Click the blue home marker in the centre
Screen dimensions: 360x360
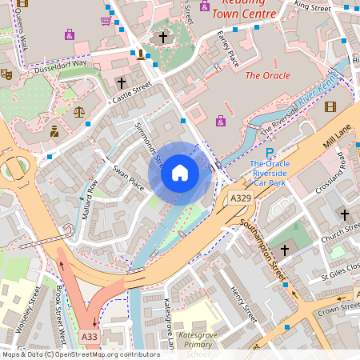[x=180, y=173]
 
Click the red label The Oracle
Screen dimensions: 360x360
[x=267, y=75]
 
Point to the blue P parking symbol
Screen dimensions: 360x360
[x=270, y=153]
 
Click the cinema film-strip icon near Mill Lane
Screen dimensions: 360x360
[x=330, y=106]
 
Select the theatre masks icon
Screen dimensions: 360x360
[x=7, y=74]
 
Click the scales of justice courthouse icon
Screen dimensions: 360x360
[x=78, y=112]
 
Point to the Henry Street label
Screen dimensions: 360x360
[x=241, y=304]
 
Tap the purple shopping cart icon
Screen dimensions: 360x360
[x=106, y=20]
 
